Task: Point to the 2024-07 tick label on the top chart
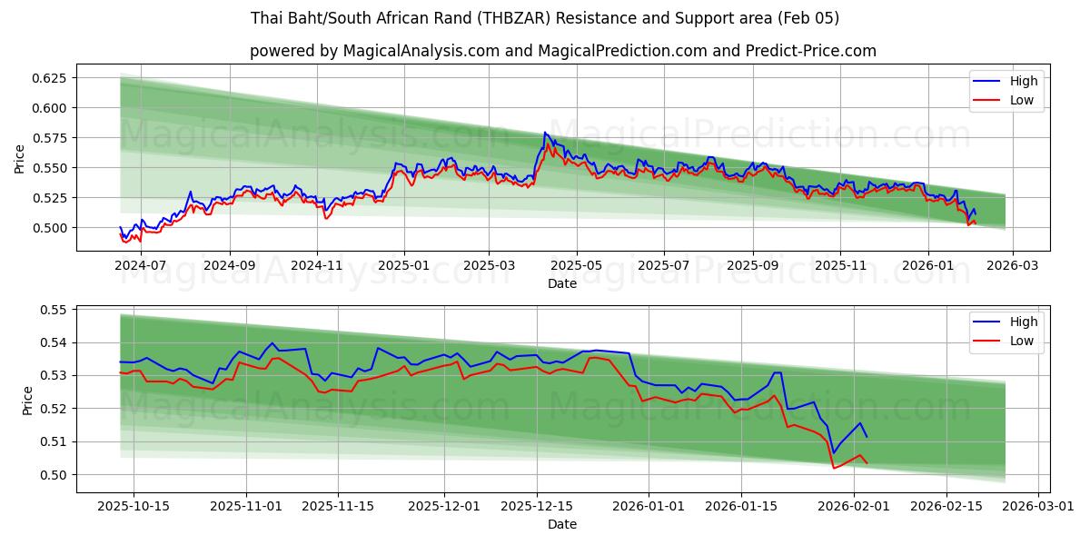click(141, 266)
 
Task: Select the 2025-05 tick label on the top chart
click(576, 266)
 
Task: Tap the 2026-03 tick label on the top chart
click(1012, 266)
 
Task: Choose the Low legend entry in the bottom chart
click(1021, 341)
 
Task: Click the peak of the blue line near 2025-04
click(545, 133)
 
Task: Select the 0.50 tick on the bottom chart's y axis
click(54, 474)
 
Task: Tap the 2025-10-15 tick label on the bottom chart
click(134, 507)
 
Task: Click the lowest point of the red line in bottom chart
click(834, 468)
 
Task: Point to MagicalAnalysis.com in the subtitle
click(421, 51)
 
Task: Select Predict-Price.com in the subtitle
click(811, 51)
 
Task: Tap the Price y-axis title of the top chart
click(20, 160)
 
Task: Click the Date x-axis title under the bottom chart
click(562, 524)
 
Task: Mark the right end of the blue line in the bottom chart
click(867, 437)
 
